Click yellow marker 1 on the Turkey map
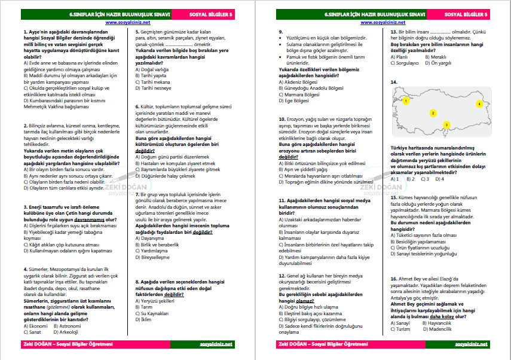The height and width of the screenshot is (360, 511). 406,101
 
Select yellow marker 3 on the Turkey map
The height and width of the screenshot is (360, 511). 446,124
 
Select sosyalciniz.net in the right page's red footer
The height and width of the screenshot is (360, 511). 471,344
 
